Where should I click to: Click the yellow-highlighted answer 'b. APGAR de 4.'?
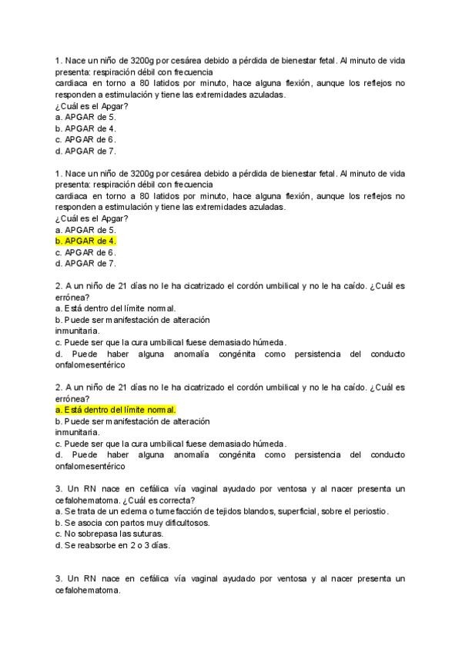85,241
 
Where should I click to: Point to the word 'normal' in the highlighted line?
160,410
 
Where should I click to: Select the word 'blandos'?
259,511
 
